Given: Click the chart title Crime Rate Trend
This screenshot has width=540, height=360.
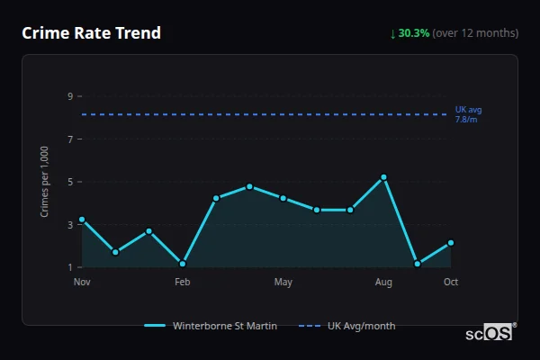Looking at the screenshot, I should [91, 33].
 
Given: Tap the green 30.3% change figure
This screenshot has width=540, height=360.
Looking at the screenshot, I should [414, 33].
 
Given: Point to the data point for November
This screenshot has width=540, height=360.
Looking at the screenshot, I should [82, 220].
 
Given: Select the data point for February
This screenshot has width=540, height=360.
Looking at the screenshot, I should [183, 264].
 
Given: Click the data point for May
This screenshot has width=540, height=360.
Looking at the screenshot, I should [283, 198].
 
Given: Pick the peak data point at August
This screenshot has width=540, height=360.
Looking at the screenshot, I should [384, 177].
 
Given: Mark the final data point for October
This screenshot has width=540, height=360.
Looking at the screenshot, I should [451, 243].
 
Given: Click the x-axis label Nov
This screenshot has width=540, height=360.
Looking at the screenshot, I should [82, 283].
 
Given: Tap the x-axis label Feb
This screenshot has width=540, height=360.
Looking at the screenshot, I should [183, 283].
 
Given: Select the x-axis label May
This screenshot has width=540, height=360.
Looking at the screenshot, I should [283, 283].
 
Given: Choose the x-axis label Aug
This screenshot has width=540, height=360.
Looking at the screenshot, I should [384, 283].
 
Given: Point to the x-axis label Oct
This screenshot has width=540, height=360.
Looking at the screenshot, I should [451, 283].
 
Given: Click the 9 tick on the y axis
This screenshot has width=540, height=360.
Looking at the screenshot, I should [69, 96].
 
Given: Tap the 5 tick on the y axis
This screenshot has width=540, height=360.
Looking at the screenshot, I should [69, 182].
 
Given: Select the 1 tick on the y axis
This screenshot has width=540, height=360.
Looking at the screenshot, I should [69, 267].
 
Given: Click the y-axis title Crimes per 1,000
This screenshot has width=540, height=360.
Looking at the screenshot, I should [45, 182].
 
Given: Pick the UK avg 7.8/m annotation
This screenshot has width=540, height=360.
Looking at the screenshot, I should [468, 114].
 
